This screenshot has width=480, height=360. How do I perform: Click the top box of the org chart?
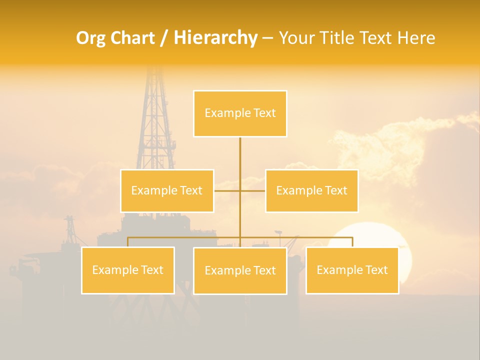pyautogui.click(x=240, y=113)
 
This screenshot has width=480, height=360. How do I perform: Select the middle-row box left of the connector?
pyautogui.click(x=167, y=190)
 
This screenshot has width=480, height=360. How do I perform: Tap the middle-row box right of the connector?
pyautogui.click(x=311, y=190)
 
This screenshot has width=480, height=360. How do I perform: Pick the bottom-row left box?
pyautogui.click(x=128, y=270)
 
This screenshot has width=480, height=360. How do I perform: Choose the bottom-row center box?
pyautogui.click(x=240, y=270)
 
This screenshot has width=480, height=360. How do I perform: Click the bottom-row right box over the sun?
pyautogui.click(x=352, y=270)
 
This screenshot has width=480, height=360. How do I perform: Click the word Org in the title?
pyautogui.click(x=90, y=38)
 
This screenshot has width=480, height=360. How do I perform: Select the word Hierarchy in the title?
pyautogui.click(x=215, y=38)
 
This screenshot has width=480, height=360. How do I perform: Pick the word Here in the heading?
pyautogui.click(x=416, y=38)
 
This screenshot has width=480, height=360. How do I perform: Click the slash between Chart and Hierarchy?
pyautogui.click(x=164, y=38)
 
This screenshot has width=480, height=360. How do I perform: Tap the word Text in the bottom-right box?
pyautogui.click(x=376, y=270)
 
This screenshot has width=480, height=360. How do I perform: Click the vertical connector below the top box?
pyautogui.click(x=240, y=155)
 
